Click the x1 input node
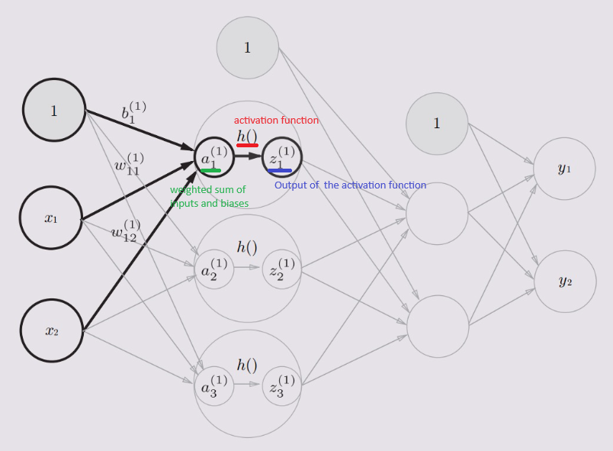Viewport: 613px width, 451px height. point(50,217)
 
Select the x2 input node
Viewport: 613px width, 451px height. point(51,330)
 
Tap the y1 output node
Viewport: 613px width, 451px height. point(564,169)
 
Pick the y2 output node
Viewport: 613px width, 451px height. point(565,282)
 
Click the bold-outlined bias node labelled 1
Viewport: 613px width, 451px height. point(54,110)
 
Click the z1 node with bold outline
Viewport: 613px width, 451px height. point(282,158)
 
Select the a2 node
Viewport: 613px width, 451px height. point(214,269)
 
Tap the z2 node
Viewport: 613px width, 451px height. point(282,269)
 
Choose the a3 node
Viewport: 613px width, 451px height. point(214,385)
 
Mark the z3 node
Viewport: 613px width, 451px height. point(282,385)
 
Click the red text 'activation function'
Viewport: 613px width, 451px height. point(276,121)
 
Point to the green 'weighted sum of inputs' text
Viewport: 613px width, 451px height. point(209,196)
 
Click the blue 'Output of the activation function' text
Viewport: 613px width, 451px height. point(350,185)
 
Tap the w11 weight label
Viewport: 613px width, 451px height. point(127,164)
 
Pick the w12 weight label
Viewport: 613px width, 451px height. point(124,230)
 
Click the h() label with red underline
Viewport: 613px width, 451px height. point(247,136)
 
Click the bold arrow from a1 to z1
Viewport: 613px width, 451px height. point(248,156)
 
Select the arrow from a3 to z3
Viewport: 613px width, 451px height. point(248,385)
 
